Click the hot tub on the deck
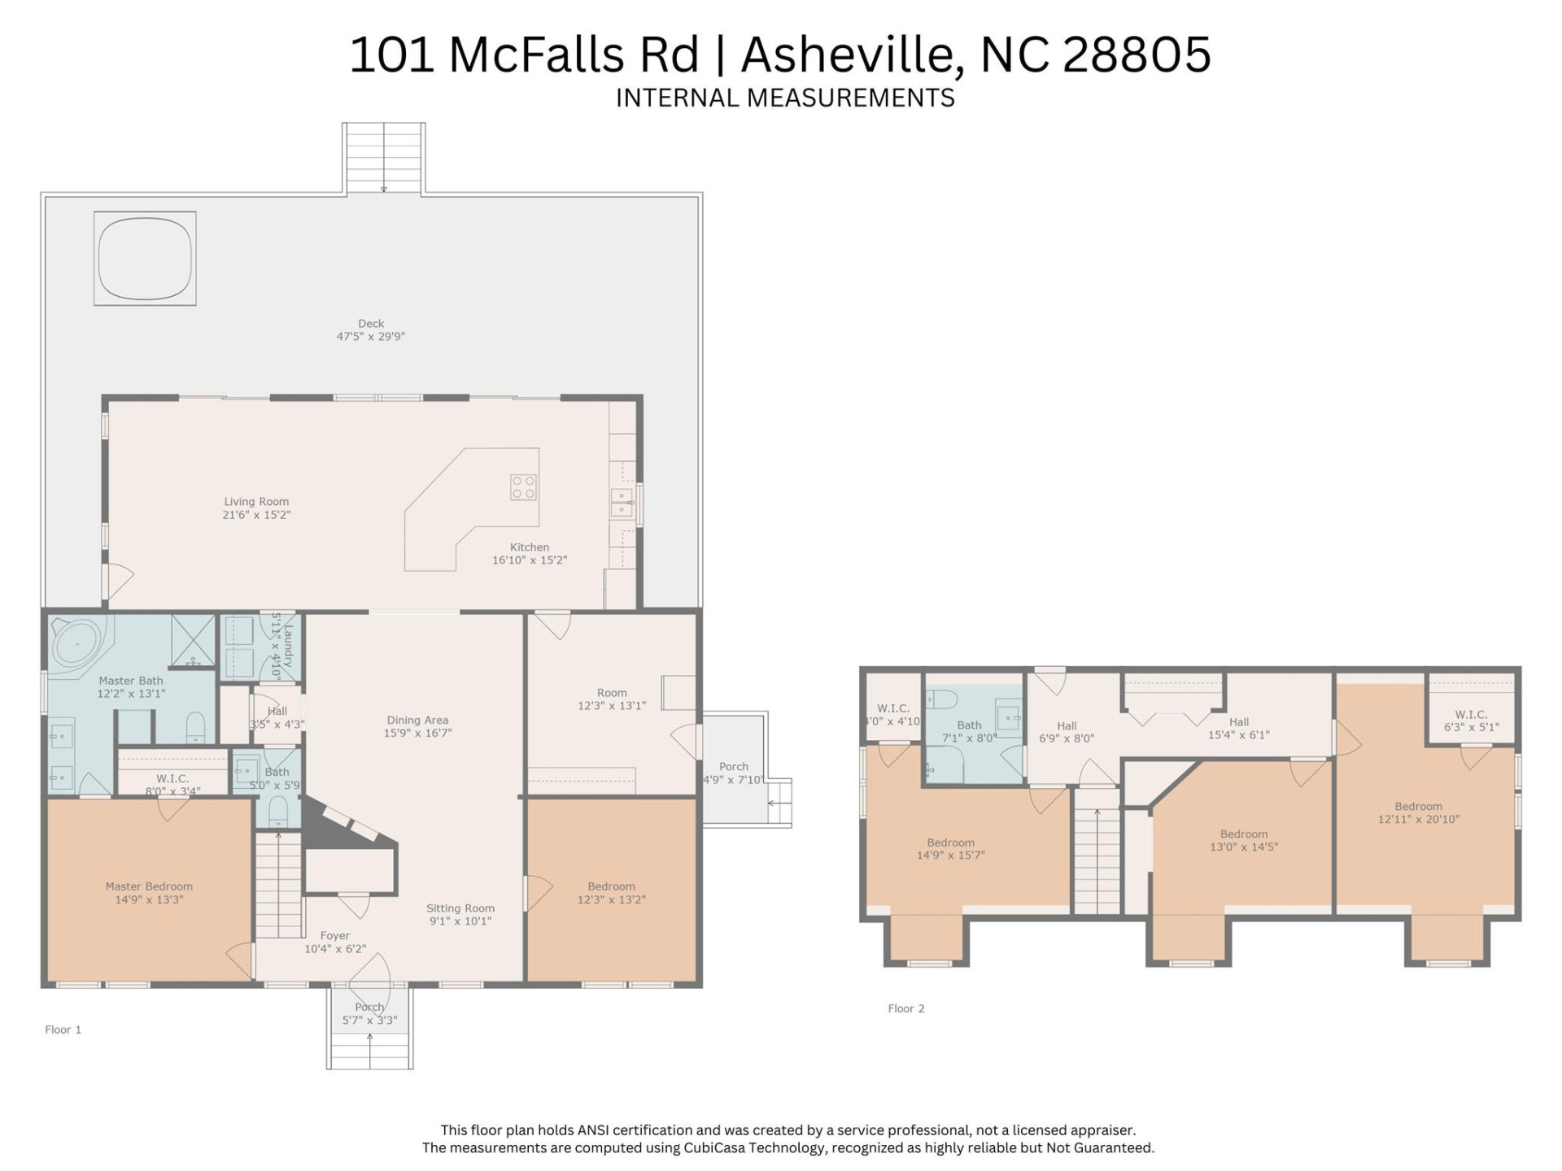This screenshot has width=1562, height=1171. pos(145,258)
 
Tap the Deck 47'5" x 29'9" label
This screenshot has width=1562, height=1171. pos(371,330)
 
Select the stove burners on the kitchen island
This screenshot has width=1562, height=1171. pos(523,487)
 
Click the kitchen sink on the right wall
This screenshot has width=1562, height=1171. pos(622,503)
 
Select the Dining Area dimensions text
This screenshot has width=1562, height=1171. pos(417,733)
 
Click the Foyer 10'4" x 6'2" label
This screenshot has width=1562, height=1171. pos(335,942)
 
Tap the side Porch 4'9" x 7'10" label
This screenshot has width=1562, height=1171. pos(733,773)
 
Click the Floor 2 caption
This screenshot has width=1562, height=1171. pos(905,1008)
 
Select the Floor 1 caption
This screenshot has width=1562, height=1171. pos(63,1030)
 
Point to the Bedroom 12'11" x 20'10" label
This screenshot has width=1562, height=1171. pos(1418,813)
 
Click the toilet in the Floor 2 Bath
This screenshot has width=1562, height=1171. pos(942,699)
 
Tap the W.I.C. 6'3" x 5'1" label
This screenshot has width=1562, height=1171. pos(1471,721)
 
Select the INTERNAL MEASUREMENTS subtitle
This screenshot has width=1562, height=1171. pos(785,98)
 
